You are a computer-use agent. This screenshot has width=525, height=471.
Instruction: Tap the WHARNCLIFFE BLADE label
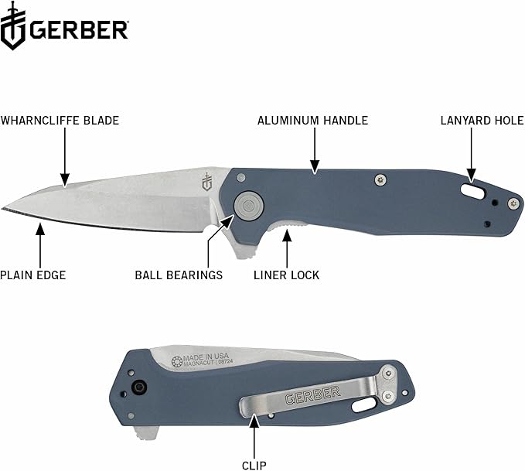(60, 121)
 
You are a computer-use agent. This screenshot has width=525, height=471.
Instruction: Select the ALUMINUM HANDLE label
(312, 121)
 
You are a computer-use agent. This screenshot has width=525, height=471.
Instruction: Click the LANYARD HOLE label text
(482, 121)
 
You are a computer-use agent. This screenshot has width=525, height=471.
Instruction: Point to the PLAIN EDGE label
(33, 275)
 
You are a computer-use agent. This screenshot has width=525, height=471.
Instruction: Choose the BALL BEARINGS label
(179, 275)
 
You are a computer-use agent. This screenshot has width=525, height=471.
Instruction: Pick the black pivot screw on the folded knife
(139, 387)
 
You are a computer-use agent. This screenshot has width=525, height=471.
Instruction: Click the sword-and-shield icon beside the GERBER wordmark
(13, 29)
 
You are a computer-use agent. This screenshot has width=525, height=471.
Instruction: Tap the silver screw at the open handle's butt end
(512, 203)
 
